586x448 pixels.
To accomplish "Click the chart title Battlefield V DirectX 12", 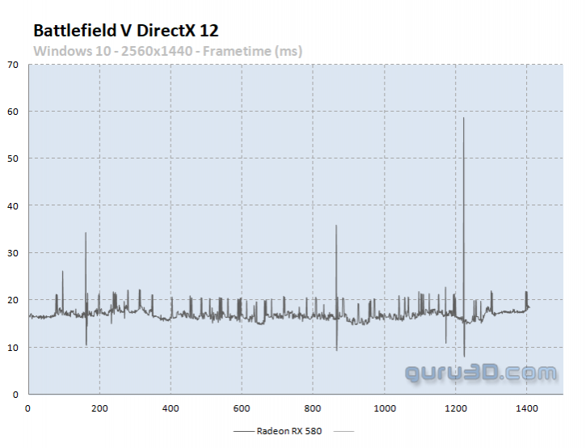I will click(x=125, y=31).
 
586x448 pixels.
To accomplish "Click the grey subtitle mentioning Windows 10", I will click(x=167, y=51).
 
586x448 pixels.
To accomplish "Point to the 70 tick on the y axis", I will click(x=12, y=64).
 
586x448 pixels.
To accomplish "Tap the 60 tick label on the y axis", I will click(x=12, y=111).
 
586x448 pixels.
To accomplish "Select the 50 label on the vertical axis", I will click(x=12, y=158).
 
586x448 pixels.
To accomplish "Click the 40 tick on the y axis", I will click(x=12, y=205).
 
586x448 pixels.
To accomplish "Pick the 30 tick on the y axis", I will click(x=12, y=253).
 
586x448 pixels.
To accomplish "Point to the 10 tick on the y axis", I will click(x=12, y=348).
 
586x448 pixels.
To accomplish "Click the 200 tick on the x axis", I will click(x=99, y=408).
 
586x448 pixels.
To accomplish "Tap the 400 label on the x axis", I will click(x=171, y=408).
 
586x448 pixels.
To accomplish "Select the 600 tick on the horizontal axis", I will click(x=242, y=408).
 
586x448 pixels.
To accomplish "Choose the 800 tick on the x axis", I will click(x=313, y=408).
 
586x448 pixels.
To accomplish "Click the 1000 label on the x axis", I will click(x=384, y=408).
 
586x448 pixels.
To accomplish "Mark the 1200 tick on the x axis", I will click(x=455, y=408).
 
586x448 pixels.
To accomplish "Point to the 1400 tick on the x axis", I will click(x=526, y=408).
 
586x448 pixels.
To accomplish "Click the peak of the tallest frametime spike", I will click(x=464, y=118).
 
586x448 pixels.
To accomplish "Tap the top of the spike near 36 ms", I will click(x=336, y=226).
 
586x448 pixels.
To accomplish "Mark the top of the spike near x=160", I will click(x=86, y=233).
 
